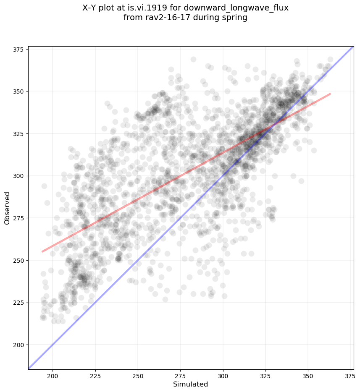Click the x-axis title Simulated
[x=191, y=384]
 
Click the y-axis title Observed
[x=7, y=208]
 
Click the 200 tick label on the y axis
[x=19, y=345]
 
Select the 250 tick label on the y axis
[x=19, y=261]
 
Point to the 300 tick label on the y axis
[x=19, y=176]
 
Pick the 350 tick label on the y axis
[x=19, y=91]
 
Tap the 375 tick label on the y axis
[x=19, y=49]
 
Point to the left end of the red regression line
[x=42, y=251]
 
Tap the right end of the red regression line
[x=330, y=94]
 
